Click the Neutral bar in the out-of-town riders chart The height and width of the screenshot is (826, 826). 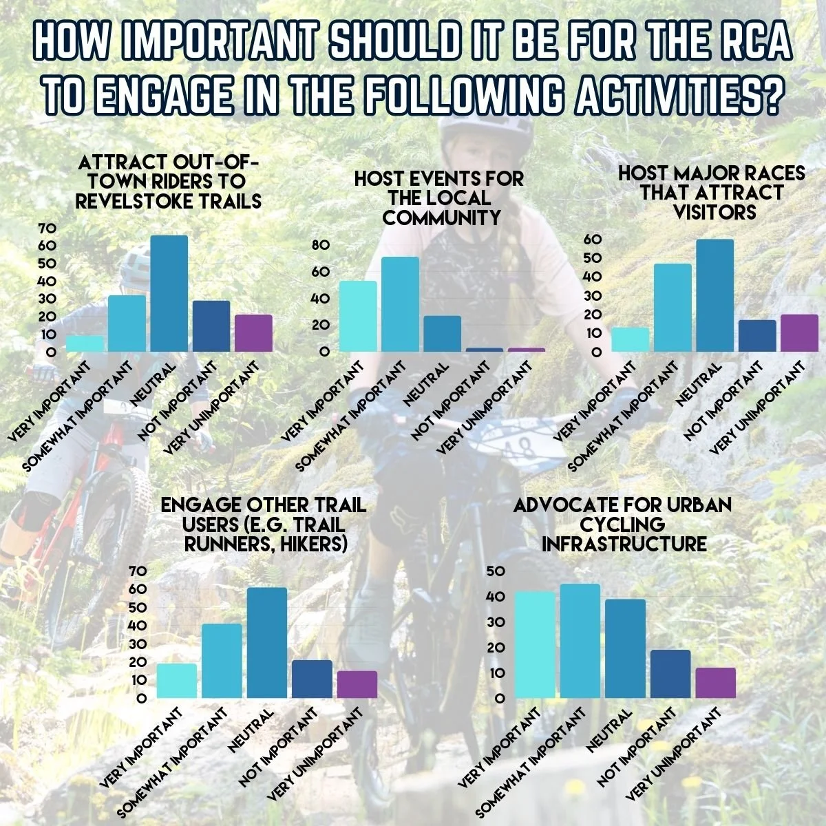(x=169, y=295)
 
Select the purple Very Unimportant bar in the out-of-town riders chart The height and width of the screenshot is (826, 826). (x=254, y=334)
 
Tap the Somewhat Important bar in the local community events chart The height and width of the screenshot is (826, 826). (x=400, y=304)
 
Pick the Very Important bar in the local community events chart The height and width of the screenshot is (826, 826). (x=358, y=317)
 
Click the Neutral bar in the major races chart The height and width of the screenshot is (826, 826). (x=714, y=296)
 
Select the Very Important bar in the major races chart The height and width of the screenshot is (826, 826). (x=630, y=339)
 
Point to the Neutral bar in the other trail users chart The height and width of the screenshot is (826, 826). (x=267, y=643)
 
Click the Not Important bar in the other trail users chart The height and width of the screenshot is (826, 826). (x=312, y=679)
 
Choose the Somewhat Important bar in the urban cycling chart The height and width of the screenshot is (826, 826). (x=580, y=641)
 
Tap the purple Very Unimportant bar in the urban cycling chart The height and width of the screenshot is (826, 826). (x=715, y=683)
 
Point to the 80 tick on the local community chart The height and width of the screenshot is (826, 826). (x=322, y=246)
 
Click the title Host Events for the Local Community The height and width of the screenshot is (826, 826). (x=438, y=198)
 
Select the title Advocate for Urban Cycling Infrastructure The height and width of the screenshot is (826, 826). (x=623, y=525)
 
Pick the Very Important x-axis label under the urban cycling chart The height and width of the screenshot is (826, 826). (x=497, y=749)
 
